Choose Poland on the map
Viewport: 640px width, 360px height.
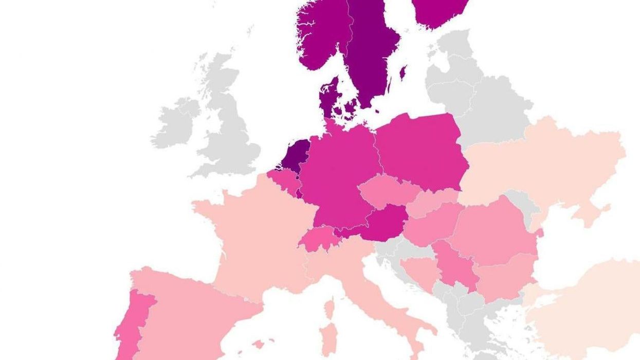422,152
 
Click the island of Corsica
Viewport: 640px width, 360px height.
329,309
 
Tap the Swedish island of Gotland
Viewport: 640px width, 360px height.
403,73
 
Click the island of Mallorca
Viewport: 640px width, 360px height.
259,344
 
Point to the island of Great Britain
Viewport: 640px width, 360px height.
231,134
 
